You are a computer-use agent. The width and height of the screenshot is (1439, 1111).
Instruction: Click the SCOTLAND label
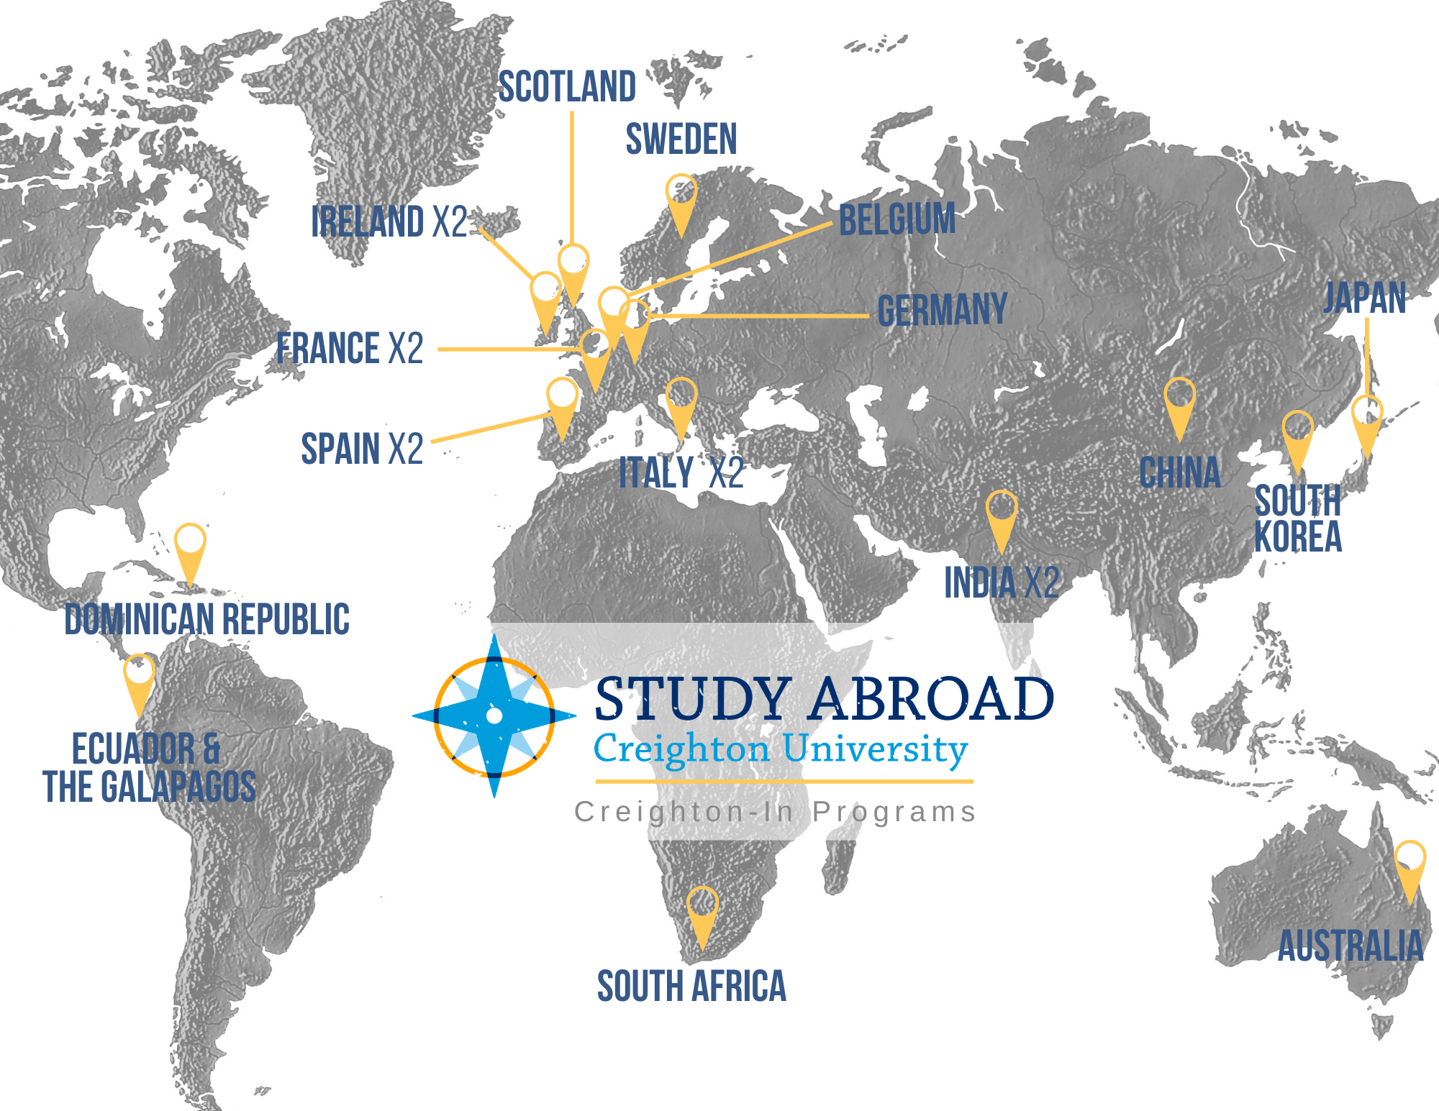[567, 87]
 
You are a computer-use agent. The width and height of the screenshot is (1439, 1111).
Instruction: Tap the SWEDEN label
[681, 139]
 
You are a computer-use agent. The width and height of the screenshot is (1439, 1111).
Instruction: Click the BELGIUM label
[896, 219]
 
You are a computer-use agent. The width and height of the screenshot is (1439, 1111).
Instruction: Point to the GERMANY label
[942, 310]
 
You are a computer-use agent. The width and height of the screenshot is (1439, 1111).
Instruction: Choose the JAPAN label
[1364, 298]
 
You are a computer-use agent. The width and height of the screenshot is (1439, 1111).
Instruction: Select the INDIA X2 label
[1001, 582]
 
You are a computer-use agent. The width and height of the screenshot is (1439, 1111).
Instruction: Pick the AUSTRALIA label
[1350, 946]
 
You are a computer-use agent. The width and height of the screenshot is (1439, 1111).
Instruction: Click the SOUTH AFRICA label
[691, 986]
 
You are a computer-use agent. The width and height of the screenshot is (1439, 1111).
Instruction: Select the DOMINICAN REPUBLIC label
[207, 619]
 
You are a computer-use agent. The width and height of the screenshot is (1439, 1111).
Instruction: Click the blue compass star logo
[494, 715]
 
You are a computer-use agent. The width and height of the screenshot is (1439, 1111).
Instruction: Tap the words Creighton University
[781, 749]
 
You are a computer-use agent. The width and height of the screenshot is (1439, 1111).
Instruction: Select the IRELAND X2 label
[389, 221]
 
